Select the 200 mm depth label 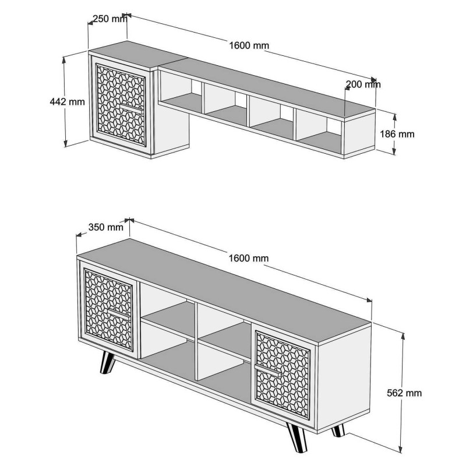coord(363,84)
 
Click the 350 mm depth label coord(105,227)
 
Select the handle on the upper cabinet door coord(132,108)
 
